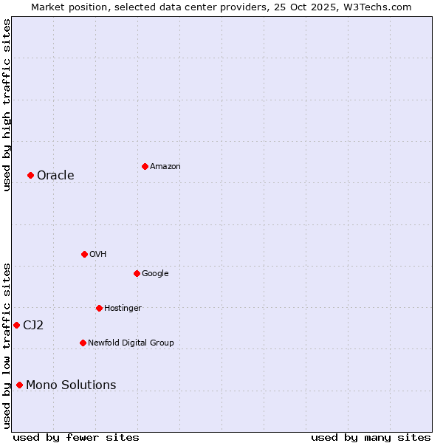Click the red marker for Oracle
click(x=30, y=175)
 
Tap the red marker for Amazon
click(x=145, y=166)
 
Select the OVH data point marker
click(x=84, y=254)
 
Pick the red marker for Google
click(x=137, y=273)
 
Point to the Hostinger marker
click(x=99, y=308)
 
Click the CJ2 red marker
click(x=16, y=325)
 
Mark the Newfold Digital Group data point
click(x=83, y=343)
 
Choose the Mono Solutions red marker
click(x=19, y=385)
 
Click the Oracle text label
click(x=55, y=175)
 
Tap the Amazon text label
click(x=165, y=167)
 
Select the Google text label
click(x=155, y=274)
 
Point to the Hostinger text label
click(x=123, y=309)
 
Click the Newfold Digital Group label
click(x=131, y=343)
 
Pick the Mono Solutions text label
click(x=71, y=385)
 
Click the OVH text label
click(x=97, y=255)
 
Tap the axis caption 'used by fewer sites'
click(x=76, y=437)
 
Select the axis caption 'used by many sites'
click(x=371, y=437)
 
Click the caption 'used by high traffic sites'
click(x=7, y=105)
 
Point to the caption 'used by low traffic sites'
click(x=7, y=345)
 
